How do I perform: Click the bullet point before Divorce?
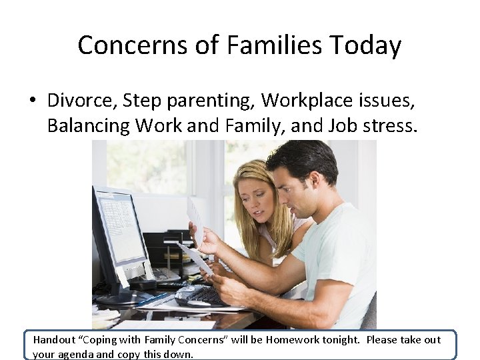pyautogui.click(x=32, y=101)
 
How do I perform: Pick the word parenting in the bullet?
pyautogui.click(x=205, y=101)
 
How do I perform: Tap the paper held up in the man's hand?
pyautogui.click(x=195, y=220)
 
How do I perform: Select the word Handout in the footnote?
pyautogui.click(x=55, y=340)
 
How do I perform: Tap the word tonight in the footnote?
pyautogui.click(x=341, y=340)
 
